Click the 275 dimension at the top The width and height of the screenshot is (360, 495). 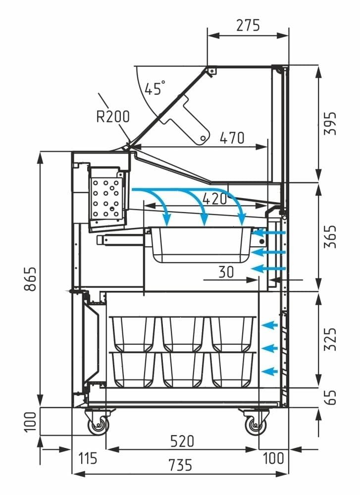pyautogui.click(x=248, y=25)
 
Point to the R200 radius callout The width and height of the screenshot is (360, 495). pyautogui.click(x=113, y=116)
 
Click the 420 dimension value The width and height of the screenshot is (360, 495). pyautogui.click(x=214, y=199)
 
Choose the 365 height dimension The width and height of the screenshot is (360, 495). pyautogui.click(x=330, y=237)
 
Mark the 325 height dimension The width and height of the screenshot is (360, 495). pyautogui.click(x=330, y=339)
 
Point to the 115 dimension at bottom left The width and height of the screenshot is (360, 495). pyautogui.click(x=87, y=458)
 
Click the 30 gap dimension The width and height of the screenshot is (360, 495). pyautogui.click(x=225, y=272)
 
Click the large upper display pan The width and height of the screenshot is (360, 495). pyautogui.click(x=200, y=245)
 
